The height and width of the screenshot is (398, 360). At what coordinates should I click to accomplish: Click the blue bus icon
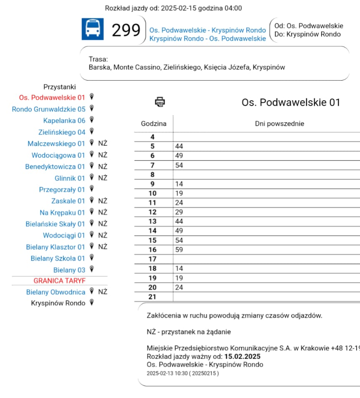point(92,29)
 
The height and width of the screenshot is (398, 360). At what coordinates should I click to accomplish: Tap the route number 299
point(126,30)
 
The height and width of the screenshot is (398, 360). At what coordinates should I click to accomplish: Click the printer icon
point(160,101)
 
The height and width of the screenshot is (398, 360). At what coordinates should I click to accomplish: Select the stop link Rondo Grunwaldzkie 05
point(48,109)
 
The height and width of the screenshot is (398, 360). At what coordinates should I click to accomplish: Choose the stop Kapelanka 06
point(64,121)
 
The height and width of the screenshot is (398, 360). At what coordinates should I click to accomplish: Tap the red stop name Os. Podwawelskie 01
point(52,97)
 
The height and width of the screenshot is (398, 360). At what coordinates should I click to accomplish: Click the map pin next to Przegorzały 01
point(92,189)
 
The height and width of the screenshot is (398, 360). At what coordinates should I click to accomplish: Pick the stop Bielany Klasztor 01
point(55,247)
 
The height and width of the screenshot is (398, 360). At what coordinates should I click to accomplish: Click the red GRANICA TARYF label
point(59,281)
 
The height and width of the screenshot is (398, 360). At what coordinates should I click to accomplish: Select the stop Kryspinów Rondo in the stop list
point(58,303)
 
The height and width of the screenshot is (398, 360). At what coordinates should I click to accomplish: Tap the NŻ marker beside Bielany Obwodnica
point(103,292)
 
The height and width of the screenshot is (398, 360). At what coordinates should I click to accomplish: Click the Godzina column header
point(154,124)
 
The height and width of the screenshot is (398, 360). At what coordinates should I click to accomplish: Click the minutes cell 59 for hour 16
point(179,250)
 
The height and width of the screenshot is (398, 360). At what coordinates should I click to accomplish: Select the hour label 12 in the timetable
point(153,212)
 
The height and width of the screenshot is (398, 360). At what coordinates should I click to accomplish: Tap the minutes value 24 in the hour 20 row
point(179,287)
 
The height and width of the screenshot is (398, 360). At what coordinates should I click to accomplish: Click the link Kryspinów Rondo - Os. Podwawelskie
point(207,38)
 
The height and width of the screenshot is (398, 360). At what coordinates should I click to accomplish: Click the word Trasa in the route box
point(98,59)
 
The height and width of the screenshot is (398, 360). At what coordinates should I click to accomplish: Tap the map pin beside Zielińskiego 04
point(92,132)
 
